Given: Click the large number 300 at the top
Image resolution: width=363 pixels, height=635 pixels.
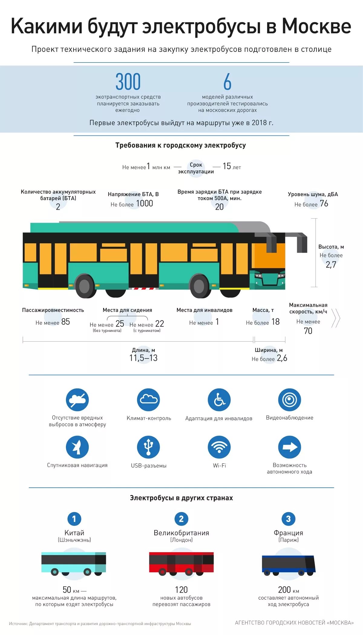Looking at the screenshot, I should [128, 82].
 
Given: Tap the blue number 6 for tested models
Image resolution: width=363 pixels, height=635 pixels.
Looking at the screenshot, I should [227, 82].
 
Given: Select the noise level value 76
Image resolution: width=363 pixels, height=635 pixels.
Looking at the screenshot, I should [324, 204].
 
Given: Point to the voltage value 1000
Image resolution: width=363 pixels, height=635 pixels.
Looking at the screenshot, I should [144, 204].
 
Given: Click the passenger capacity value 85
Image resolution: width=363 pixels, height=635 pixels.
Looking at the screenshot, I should [65, 322].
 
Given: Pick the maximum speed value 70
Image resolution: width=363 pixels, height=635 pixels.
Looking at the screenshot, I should [308, 331].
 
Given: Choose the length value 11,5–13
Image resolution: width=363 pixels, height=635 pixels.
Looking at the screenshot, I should [143, 358].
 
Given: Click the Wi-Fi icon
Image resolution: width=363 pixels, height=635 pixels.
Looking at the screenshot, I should [219, 447].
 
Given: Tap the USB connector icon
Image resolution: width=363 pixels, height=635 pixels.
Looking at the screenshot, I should [148, 447].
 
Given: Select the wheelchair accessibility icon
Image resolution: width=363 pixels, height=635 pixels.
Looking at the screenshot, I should [219, 400].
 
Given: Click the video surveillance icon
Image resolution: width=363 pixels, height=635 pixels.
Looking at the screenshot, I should [289, 400].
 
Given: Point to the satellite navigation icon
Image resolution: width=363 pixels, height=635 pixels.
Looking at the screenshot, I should [77, 447].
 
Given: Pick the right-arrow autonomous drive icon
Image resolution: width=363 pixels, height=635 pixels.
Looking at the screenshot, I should [289, 447].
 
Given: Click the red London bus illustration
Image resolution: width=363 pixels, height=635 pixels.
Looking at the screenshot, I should [181, 563].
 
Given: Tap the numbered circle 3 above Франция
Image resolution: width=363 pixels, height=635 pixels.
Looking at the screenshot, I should [288, 519].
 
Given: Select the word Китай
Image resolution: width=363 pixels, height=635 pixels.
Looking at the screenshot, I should [74, 533].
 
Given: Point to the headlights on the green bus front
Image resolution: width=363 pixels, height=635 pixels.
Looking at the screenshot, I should [259, 276].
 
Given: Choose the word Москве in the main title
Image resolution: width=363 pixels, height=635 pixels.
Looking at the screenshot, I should [316, 27].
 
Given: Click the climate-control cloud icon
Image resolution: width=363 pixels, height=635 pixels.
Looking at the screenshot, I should [148, 400].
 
